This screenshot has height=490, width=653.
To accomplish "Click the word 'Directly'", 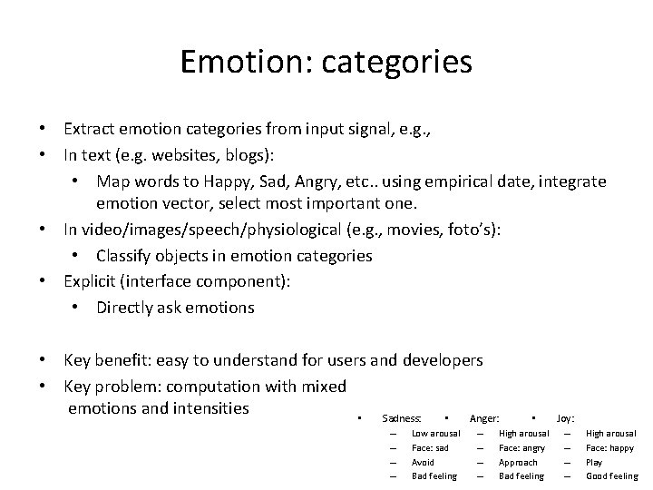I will (130, 308).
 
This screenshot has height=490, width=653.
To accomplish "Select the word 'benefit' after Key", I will (128, 360).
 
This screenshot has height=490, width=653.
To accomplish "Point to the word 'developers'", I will (442, 360).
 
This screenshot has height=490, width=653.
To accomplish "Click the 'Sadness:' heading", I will (402, 418).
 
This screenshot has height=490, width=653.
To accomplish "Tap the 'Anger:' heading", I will (484, 418).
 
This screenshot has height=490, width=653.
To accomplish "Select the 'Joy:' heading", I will (564, 418).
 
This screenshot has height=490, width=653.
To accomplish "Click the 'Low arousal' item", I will (435, 434).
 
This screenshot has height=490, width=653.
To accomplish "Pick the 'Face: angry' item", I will (522, 448).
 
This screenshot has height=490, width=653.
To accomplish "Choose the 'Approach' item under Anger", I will (518, 462).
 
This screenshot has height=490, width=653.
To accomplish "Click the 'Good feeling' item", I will (611, 475).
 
